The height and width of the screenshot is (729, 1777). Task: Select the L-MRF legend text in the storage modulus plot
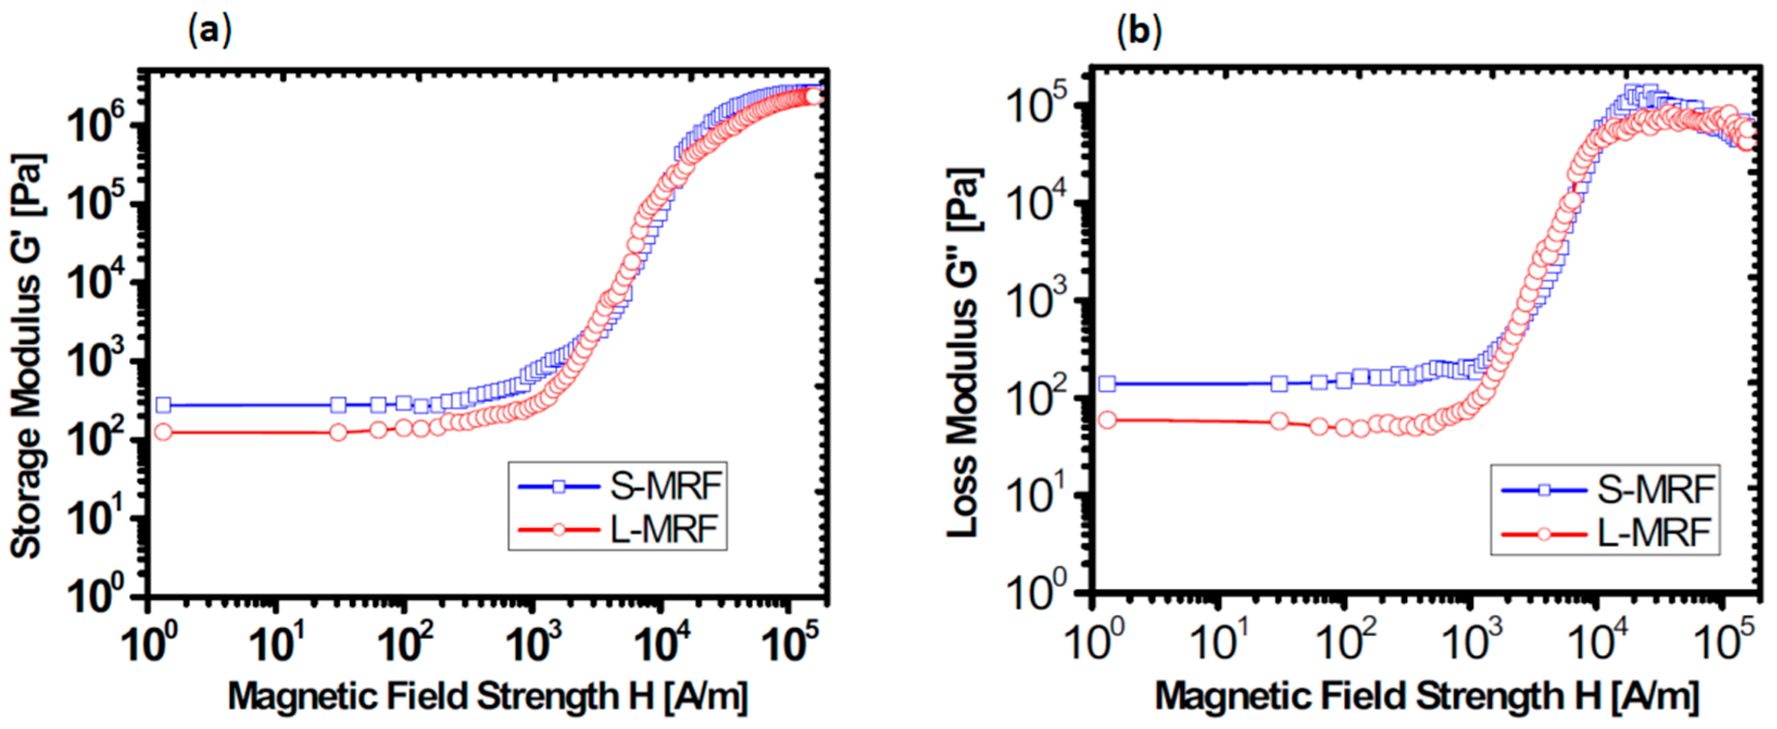click(664, 530)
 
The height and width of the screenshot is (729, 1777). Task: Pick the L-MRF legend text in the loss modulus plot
click(1654, 533)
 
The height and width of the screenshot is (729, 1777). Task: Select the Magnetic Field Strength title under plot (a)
click(487, 696)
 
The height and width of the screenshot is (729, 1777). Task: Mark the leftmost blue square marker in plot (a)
click(163, 405)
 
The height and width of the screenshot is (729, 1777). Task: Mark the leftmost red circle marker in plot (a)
click(163, 433)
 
